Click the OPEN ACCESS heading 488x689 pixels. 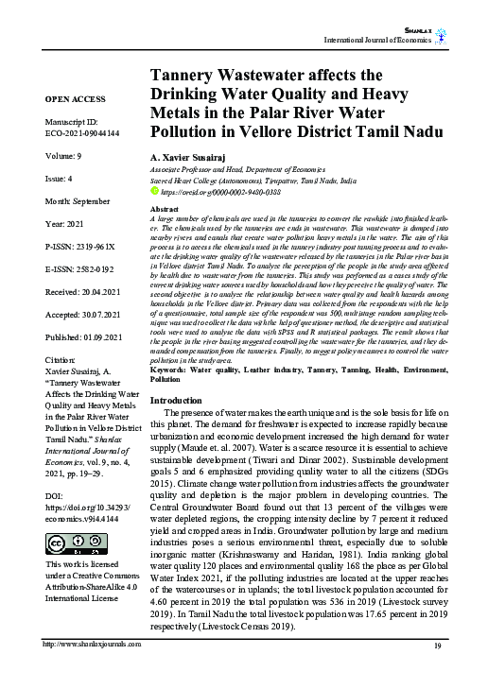(x=75, y=98)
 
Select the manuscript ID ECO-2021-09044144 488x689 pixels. (x=81, y=135)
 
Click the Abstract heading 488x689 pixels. (x=166, y=207)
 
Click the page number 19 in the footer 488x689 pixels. (x=437, y=671)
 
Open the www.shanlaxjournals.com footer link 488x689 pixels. (x=93, y=671)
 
